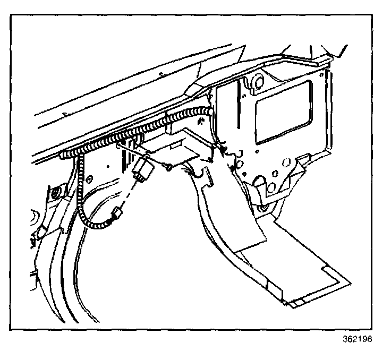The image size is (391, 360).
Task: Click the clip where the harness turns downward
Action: [80, 156]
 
